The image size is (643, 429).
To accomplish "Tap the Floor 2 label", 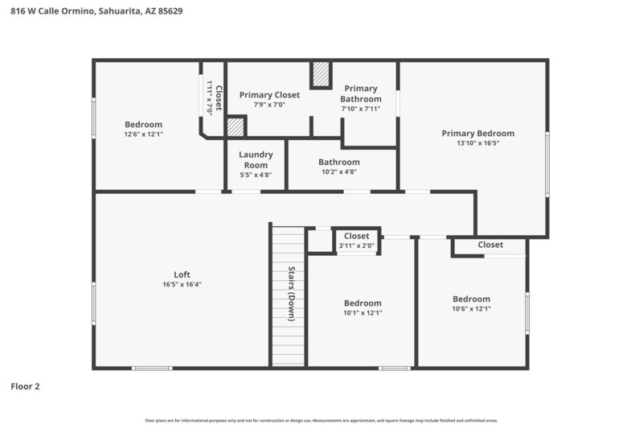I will click(25, 386).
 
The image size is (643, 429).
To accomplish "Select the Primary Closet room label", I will click(269, 95).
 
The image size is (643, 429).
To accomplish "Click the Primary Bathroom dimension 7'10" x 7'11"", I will click(360, 109).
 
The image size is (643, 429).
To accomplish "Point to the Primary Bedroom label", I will click(477, 134).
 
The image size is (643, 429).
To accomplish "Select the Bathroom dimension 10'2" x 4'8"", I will click(338, 171).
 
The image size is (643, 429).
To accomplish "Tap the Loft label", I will click(182, 274).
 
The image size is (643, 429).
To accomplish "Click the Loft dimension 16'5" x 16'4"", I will click(182, 284).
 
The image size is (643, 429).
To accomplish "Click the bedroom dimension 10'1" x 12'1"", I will click(362, 313).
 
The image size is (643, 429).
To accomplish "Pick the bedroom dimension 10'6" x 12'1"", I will click(471, 308).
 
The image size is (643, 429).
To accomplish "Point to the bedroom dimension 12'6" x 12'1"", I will click(143, 134).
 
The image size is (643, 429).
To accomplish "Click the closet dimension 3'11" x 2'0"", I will click(356, 245).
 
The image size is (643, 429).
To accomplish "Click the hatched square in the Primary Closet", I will click(235, 127).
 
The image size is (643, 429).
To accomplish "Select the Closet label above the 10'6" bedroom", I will click(490, 245).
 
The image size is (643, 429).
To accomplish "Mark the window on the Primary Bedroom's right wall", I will click(547, 165).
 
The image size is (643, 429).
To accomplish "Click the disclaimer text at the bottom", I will click(321, 420).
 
